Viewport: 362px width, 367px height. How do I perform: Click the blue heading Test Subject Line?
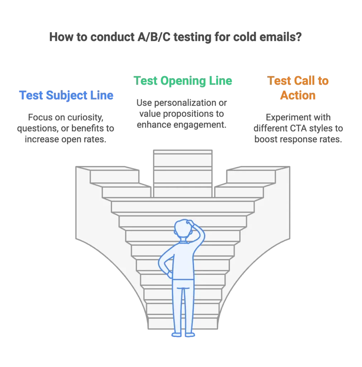click(66, 96)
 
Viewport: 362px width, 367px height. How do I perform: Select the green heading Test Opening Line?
click(183, 81)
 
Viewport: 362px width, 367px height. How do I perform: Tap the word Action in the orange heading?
click(298, 95)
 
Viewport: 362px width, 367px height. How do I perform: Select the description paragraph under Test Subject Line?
click(66, 128)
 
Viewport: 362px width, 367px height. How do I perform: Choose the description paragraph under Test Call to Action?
click(298, 128)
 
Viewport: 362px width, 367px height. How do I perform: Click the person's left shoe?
click(176, 335)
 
